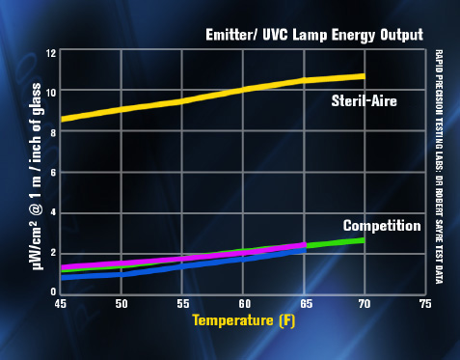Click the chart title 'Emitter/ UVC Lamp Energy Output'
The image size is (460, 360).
313,35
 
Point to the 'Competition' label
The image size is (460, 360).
382,226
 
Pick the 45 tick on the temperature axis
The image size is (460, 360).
60,302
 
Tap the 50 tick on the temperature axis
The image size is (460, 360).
121,302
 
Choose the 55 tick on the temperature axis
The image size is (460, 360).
181,302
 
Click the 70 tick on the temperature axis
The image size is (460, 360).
364,302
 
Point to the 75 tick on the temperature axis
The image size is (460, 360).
424,302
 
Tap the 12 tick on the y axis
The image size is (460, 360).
50,52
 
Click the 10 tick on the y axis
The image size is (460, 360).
50,92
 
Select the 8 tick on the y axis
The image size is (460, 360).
52,132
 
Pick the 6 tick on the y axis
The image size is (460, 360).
52,172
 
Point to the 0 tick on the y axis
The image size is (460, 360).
52,291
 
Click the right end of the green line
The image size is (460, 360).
363,239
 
